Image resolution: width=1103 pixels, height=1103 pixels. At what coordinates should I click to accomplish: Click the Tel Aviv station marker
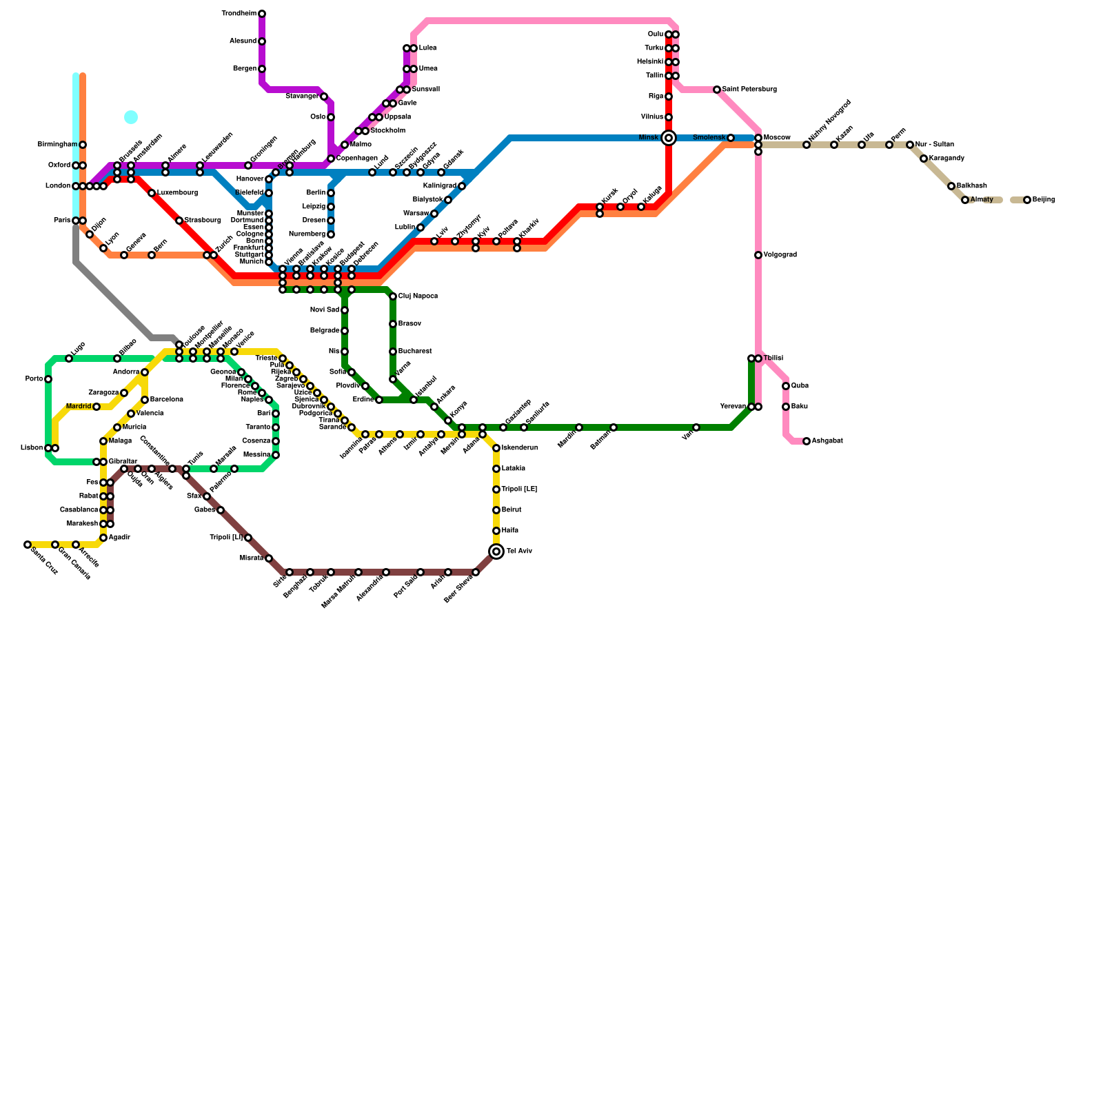point(496,551)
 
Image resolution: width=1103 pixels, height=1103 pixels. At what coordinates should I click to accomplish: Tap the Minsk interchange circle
point(669,138)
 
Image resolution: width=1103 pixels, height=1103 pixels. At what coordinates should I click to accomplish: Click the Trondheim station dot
point(262,14)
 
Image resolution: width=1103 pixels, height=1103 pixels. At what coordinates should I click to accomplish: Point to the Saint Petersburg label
point(749,90)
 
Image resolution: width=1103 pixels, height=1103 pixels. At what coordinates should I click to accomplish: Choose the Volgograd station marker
point(758,255)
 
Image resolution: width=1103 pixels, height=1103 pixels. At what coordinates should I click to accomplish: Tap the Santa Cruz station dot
point(28,545)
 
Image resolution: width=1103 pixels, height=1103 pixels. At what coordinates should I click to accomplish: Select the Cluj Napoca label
point(418,296)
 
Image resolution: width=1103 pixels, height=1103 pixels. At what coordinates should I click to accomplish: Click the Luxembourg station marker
point(152,193)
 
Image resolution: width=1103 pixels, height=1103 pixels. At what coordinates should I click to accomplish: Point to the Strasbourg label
point(203,221)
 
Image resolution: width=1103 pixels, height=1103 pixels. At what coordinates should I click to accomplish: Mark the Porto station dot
point(48,379)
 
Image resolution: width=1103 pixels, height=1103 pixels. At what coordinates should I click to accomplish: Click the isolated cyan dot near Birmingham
point(131,117)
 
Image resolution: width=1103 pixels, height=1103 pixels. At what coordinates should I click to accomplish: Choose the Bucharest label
point(415,352)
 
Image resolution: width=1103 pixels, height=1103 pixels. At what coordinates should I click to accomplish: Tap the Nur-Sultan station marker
point(910,145)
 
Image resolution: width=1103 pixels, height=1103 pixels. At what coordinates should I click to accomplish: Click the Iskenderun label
point(520,448)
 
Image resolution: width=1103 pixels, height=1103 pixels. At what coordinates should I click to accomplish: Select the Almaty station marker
point(965,200)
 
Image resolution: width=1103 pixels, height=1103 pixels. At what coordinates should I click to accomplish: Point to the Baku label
point(800,407)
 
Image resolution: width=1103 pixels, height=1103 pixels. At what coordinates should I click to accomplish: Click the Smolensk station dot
point(731,138)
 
